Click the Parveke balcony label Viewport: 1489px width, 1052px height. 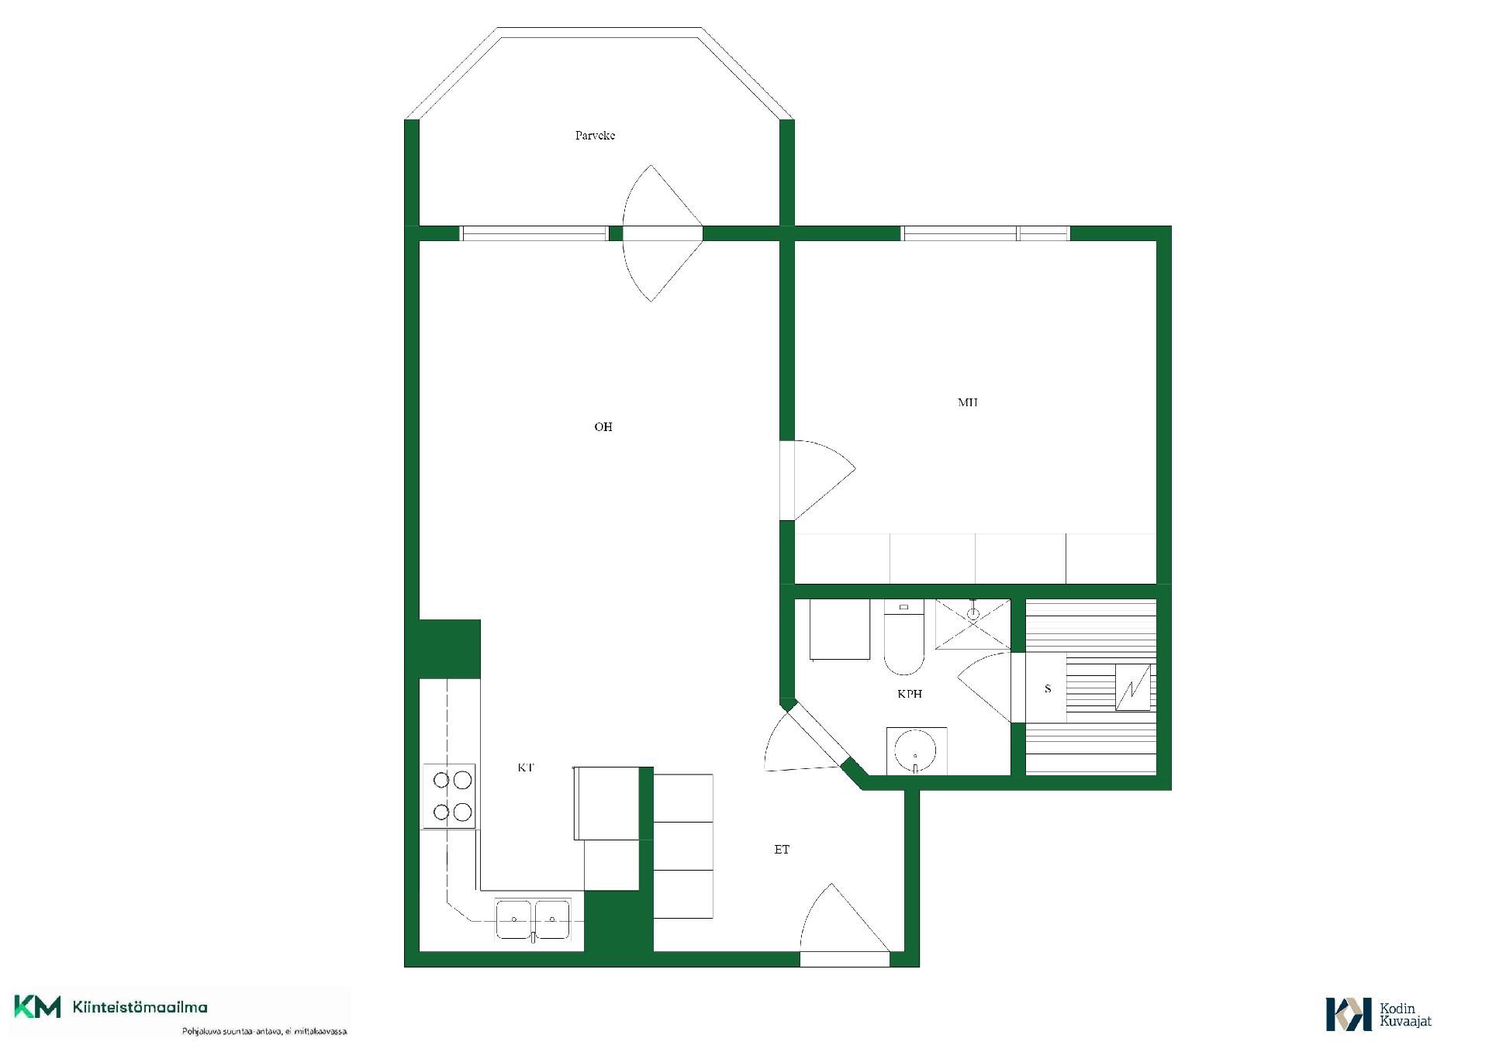pyautogui.click(x=595, y=136)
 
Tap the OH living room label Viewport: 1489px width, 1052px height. pyautogui.click(x=603, y=427)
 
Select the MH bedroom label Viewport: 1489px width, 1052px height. pyautogui.click(x=967, y=402)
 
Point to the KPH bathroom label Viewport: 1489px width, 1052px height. pyautogui.click(x=910, y=694)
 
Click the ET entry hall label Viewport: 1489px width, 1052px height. pyautogui.click(x=782, y=850)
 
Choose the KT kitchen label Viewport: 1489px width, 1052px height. pyautogui.click(x=526, y=767)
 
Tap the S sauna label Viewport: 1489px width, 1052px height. pyautogui.click(x=1048, y=688)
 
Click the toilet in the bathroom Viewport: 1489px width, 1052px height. pyautogui.click(x=903, y=637)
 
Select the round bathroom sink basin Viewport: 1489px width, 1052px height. pyautogui.click(x=915, y=751)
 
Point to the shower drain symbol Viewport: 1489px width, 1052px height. pyautogui.click(x=973, y=614)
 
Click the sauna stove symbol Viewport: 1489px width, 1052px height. pyautogui.click(x=1133, y=688)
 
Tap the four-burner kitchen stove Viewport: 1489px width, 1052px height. pyautogui.click(x=448, y=795)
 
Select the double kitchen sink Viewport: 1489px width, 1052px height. pyautogui.click(x=533, y=919)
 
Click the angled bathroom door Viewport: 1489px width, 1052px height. pyautogui.click(x=803, y=740)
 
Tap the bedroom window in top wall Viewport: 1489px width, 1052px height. pyautogui.click(x=985, y=233)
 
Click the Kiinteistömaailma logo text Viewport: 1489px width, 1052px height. pyautogui.click(x=140, y=1008)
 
